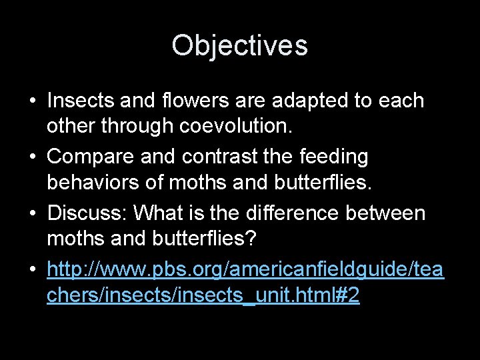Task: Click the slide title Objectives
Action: (239, 46)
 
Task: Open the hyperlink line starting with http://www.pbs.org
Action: (245, 270)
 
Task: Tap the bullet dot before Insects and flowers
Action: (31, 101)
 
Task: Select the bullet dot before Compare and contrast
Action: (31, 157)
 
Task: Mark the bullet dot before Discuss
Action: (31, 213)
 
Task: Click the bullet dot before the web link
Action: (31, 269)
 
